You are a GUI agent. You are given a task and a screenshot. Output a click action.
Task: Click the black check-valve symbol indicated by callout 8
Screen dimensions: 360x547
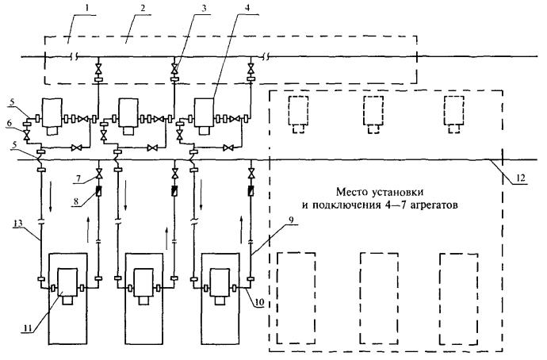point(98,191)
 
